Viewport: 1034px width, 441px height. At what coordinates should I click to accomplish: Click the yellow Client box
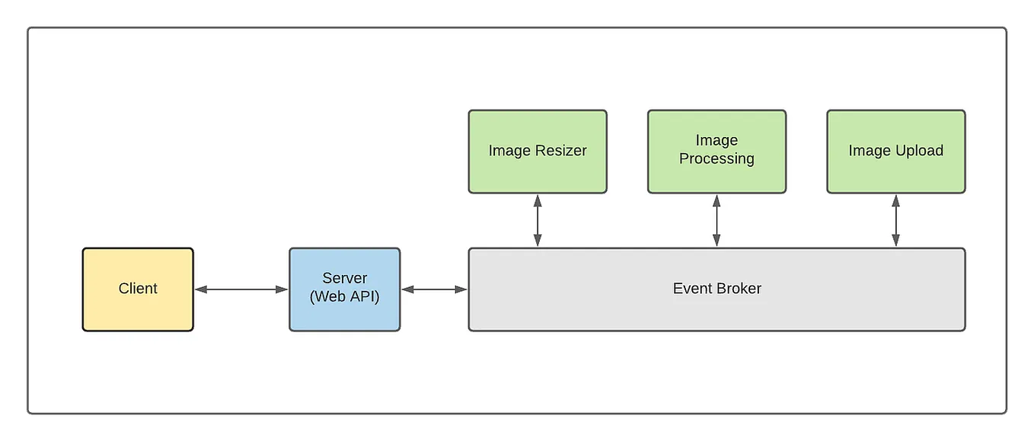(138, 289)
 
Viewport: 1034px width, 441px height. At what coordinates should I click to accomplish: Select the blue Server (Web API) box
(344, 289)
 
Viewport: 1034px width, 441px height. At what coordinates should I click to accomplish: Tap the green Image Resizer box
(538, 151)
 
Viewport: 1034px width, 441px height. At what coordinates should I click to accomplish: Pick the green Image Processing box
(716, 151)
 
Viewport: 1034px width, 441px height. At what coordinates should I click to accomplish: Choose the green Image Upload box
(895, 151)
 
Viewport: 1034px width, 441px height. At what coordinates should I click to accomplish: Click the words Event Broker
(716, 289)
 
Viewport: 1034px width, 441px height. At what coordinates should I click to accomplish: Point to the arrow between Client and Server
(241, 289)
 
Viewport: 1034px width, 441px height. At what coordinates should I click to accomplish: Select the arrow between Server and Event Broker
(434, 289)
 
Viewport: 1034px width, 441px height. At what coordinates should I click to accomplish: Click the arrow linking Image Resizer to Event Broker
(538, 221)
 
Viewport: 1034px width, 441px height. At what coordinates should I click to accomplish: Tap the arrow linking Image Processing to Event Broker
(716, 221)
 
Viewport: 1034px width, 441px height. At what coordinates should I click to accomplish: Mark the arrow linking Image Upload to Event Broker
(895, 221)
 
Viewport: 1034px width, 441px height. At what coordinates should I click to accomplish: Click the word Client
(138, 289)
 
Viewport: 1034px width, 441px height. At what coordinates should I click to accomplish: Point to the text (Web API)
(344, 297)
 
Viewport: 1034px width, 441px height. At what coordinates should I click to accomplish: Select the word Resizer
(560, 151)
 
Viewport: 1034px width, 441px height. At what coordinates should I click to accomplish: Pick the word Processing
(716, 159)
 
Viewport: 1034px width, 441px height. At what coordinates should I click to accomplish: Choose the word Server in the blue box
(344, 279)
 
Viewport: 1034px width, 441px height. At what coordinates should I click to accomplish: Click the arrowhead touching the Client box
(200, 289)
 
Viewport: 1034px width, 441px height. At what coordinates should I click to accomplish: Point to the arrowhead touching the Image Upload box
(895, 200)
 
